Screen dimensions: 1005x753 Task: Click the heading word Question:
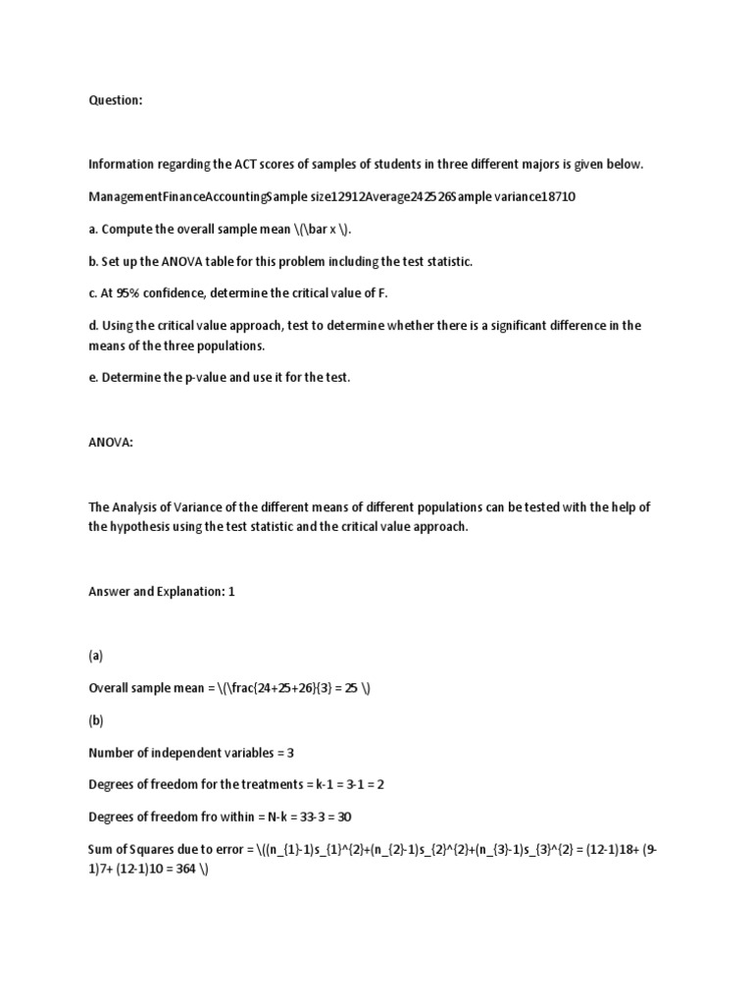(116, 99)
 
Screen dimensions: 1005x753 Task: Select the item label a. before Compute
(94, 229)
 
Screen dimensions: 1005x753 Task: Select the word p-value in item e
(203, 378)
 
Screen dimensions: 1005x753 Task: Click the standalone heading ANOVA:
(110, 443)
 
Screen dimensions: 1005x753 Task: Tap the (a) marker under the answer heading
(96, 656)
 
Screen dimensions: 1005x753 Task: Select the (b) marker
(96, 720)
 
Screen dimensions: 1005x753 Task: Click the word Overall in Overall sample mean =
(111, 688)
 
